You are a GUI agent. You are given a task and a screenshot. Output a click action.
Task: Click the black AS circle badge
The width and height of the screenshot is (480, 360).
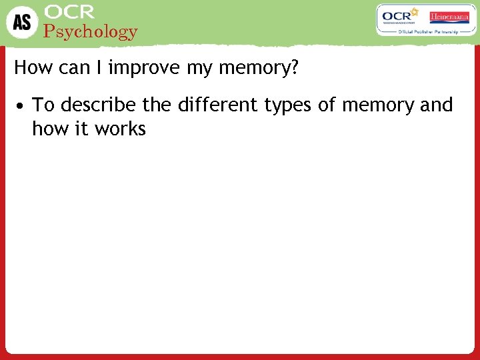[x=21, y=22]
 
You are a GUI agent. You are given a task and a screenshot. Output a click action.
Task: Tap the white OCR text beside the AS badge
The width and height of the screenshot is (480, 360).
[x=69, y=11]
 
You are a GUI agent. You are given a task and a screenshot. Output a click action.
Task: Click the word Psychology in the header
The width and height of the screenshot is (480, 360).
[x=90, y=31]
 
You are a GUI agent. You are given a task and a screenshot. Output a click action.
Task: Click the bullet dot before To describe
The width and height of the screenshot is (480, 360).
[x=22, y=106]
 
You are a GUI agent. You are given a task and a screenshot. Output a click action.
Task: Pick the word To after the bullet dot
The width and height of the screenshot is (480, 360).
[x=43, y=105]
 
